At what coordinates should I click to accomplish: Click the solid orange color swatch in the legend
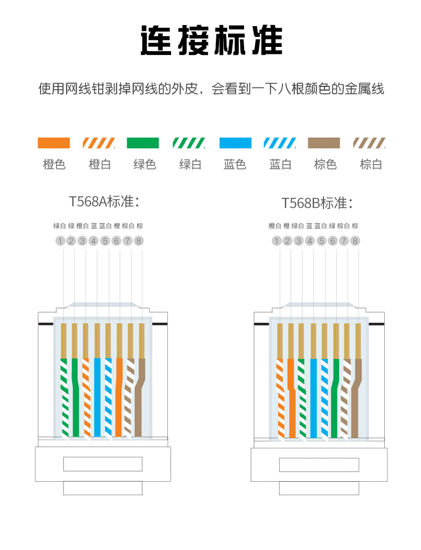(x=53, y=143)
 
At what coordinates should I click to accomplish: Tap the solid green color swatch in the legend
(x=143, y=143)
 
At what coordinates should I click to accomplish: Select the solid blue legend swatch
(x=235, y=143)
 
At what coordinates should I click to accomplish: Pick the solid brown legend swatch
(x=323, y=143)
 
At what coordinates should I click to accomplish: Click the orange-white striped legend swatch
(x=99, y=143)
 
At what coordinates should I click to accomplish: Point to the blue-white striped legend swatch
(x=280, y=143)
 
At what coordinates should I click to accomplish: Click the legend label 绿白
(x=190, y=164)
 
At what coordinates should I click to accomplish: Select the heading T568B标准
(x=318, y=203)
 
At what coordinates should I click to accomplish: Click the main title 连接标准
(x=211, y=40)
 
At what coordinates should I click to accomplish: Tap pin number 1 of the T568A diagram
(x=60, y=241)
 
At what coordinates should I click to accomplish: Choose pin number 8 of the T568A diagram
(x=139, y=241)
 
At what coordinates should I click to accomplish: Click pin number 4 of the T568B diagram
(x=310, y=241)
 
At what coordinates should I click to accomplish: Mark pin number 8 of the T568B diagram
(x=355, y=241)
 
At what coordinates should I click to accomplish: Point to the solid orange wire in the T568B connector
(x=291, y=394)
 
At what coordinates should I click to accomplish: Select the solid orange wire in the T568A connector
(x=119, y=394)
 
